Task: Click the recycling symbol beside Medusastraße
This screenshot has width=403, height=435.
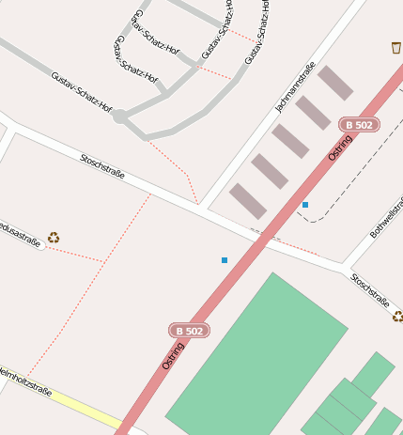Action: (54, 237)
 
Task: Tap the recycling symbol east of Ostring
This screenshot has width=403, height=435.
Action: (397, 317)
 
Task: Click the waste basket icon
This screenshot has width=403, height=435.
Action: (395, 47)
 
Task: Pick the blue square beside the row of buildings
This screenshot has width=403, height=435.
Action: (305, 204)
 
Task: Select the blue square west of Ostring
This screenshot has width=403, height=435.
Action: (225, 259)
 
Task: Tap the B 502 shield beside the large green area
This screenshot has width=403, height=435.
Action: (189, 331)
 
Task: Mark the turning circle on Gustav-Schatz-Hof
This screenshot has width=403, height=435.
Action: (120, 117)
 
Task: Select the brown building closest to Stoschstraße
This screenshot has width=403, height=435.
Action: (248, 201)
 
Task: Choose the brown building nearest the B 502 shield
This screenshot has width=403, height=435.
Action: (334, 83)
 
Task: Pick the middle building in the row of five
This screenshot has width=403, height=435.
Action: (291, 141)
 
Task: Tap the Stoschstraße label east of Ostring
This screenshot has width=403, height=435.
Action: (370, 290)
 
